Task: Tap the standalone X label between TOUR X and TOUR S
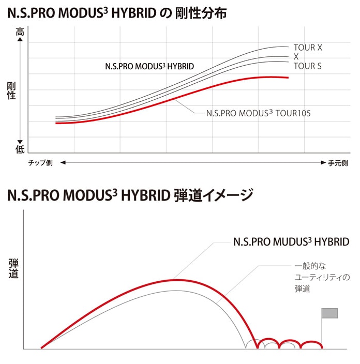[x=296, y=56]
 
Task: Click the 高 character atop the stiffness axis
[x=20, y=32]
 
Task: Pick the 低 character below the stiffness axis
[x=20, y=149]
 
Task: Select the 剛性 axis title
[x=11, y=90]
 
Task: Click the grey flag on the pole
[x=329, y=313]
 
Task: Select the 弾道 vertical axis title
[x=13, y=269]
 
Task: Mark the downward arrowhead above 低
[x=20, y=140]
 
